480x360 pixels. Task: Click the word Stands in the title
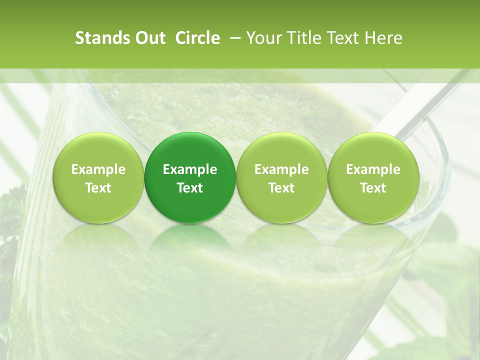click(x=102, y=38)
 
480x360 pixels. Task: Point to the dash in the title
click(x=233, y=38)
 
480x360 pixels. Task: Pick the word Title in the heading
click(x=305, y=38)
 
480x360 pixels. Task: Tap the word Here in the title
click(x=383, y=38)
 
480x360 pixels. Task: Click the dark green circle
click(x=190, y=177)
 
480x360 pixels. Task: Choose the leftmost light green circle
click(x=98, y=177)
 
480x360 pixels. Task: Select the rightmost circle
click(x=373, y=177)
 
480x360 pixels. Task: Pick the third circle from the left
click(x=281, y=177)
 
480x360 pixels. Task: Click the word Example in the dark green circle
click(x=190, y=169)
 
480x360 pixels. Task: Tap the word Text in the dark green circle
click(x=190, y=188)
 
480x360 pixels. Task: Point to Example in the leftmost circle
click(x=98, y=169)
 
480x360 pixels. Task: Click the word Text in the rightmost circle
click(x=373, y=188)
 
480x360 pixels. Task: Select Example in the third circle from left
click(x=281, y=169)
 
